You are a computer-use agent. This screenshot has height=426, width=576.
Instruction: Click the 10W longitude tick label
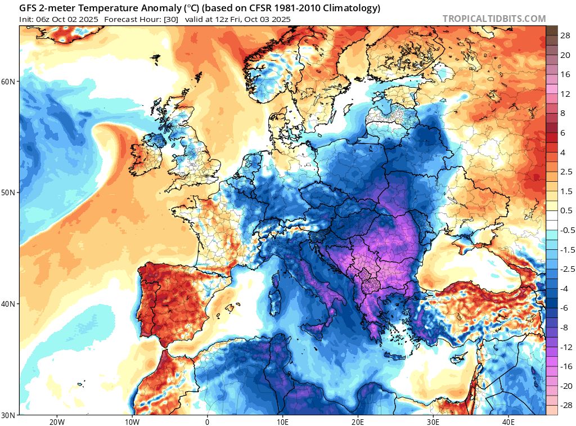[132, 421]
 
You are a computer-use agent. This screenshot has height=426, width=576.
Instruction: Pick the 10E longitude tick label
[282, 421]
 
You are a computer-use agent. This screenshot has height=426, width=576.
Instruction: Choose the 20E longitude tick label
[358, 421]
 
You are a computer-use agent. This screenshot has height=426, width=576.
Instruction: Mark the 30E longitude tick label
[433, 421]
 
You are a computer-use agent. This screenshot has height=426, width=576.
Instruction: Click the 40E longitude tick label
[508, 421]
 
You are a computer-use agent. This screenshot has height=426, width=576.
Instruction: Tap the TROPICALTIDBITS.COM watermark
[494, 19]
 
